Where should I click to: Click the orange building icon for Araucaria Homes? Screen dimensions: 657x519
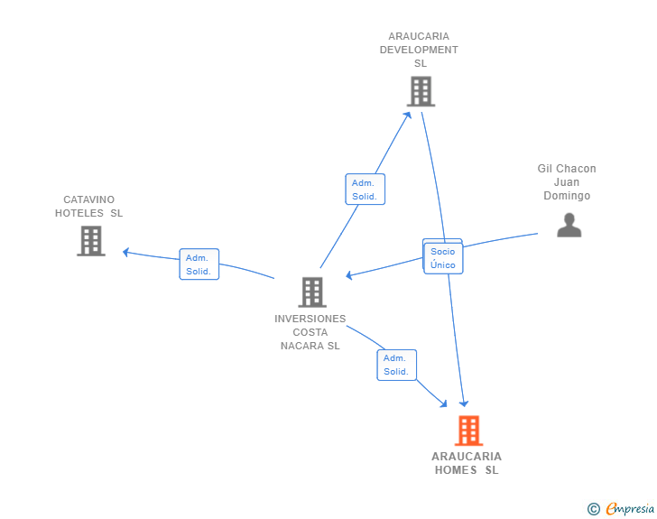469,431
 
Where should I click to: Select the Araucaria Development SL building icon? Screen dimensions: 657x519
421,91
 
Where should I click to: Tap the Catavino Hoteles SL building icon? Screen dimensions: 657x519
91,241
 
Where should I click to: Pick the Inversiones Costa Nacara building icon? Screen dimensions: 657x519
312,292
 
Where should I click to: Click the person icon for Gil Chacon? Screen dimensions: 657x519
569,225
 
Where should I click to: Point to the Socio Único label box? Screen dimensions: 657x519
443,258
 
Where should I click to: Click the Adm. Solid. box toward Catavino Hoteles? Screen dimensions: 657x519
199,264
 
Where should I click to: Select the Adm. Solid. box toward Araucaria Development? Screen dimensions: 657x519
365,189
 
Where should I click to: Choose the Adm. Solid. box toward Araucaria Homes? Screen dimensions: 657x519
397,365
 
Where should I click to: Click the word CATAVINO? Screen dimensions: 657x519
88,199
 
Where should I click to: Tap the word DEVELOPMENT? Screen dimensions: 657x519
419,50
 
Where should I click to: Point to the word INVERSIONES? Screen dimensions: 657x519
310,319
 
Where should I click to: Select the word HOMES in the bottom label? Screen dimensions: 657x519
456,470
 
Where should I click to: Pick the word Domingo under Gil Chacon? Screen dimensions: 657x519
567,196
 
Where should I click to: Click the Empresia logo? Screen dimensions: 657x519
630,508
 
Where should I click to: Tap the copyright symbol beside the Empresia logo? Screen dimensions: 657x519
594,509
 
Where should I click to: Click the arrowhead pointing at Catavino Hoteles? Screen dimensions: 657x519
125,252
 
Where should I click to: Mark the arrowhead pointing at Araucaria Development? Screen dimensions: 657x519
407,116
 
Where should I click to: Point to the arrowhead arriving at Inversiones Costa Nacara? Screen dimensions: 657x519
349,275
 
